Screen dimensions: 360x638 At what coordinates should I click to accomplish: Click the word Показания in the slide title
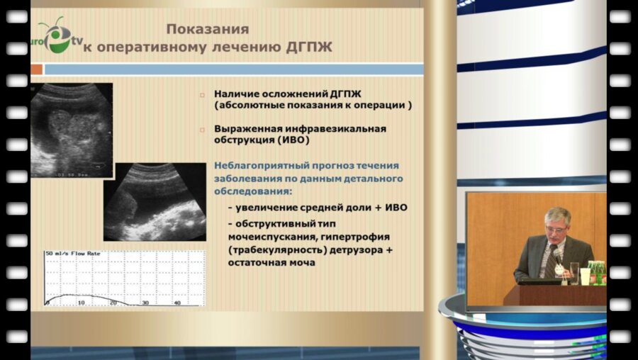pyautogui.click(x=207, y=29)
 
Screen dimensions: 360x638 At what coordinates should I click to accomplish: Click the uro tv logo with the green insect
pyautogui.click(x=55, y=35)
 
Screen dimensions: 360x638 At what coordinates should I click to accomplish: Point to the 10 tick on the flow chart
pyautogui.click(x=81, y=303)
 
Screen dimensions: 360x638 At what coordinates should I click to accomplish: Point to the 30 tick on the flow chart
pyautogui.click(x=145, y=303)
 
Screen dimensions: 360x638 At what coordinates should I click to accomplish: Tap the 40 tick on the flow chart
pyautogui.click(x=177, y=303)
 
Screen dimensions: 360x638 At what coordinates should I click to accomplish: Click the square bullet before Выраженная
pyautogui.click(x=202, y=130)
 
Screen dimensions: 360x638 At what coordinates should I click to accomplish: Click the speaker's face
pyautogui.click(x=557, y=225)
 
